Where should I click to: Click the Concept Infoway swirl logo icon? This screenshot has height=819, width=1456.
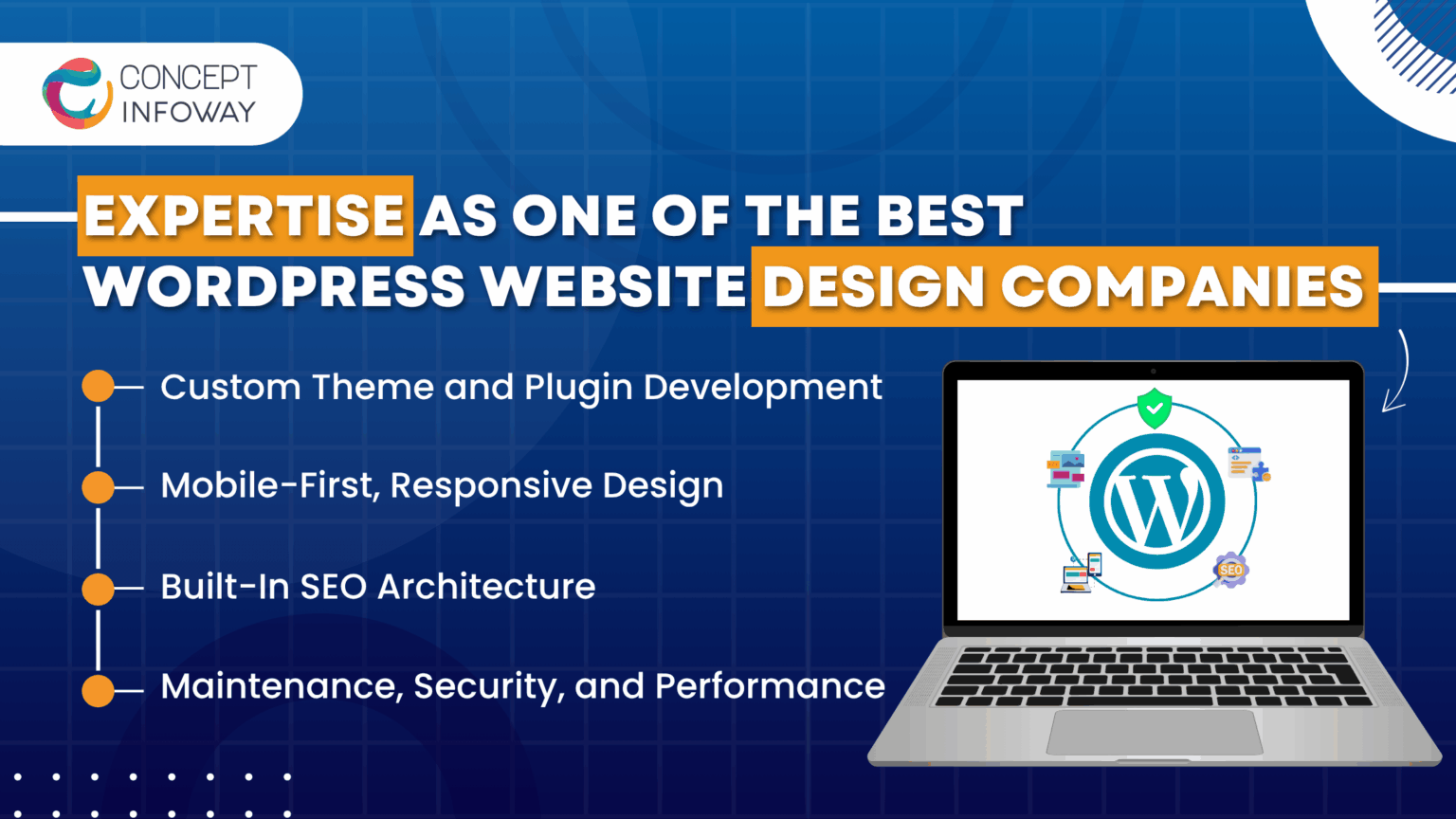click(76, 94)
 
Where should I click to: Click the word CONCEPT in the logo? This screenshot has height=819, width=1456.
click(188, 77)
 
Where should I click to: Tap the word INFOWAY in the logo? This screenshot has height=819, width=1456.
click(188, 112)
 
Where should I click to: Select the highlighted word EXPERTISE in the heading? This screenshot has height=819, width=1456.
click(245, 216)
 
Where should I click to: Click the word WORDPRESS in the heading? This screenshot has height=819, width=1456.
click(275, 287)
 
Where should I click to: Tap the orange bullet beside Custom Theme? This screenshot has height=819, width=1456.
click(98, 387)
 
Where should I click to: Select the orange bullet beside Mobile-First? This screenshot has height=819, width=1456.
click(98, 487)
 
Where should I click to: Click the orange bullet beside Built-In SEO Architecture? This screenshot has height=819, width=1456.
click(98, 589)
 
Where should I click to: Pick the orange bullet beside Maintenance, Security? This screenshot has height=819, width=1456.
click(98, 690)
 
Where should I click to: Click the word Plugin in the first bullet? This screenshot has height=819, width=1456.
click(578, 389)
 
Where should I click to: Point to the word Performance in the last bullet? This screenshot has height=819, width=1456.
click(770, 686)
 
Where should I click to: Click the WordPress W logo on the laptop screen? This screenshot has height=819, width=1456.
click(1156, 501)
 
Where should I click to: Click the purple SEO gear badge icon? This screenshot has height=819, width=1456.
click(1230, 570)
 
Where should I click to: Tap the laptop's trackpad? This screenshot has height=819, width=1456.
click(1154, 732)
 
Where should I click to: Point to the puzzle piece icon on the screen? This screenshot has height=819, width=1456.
click(1260, 470)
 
